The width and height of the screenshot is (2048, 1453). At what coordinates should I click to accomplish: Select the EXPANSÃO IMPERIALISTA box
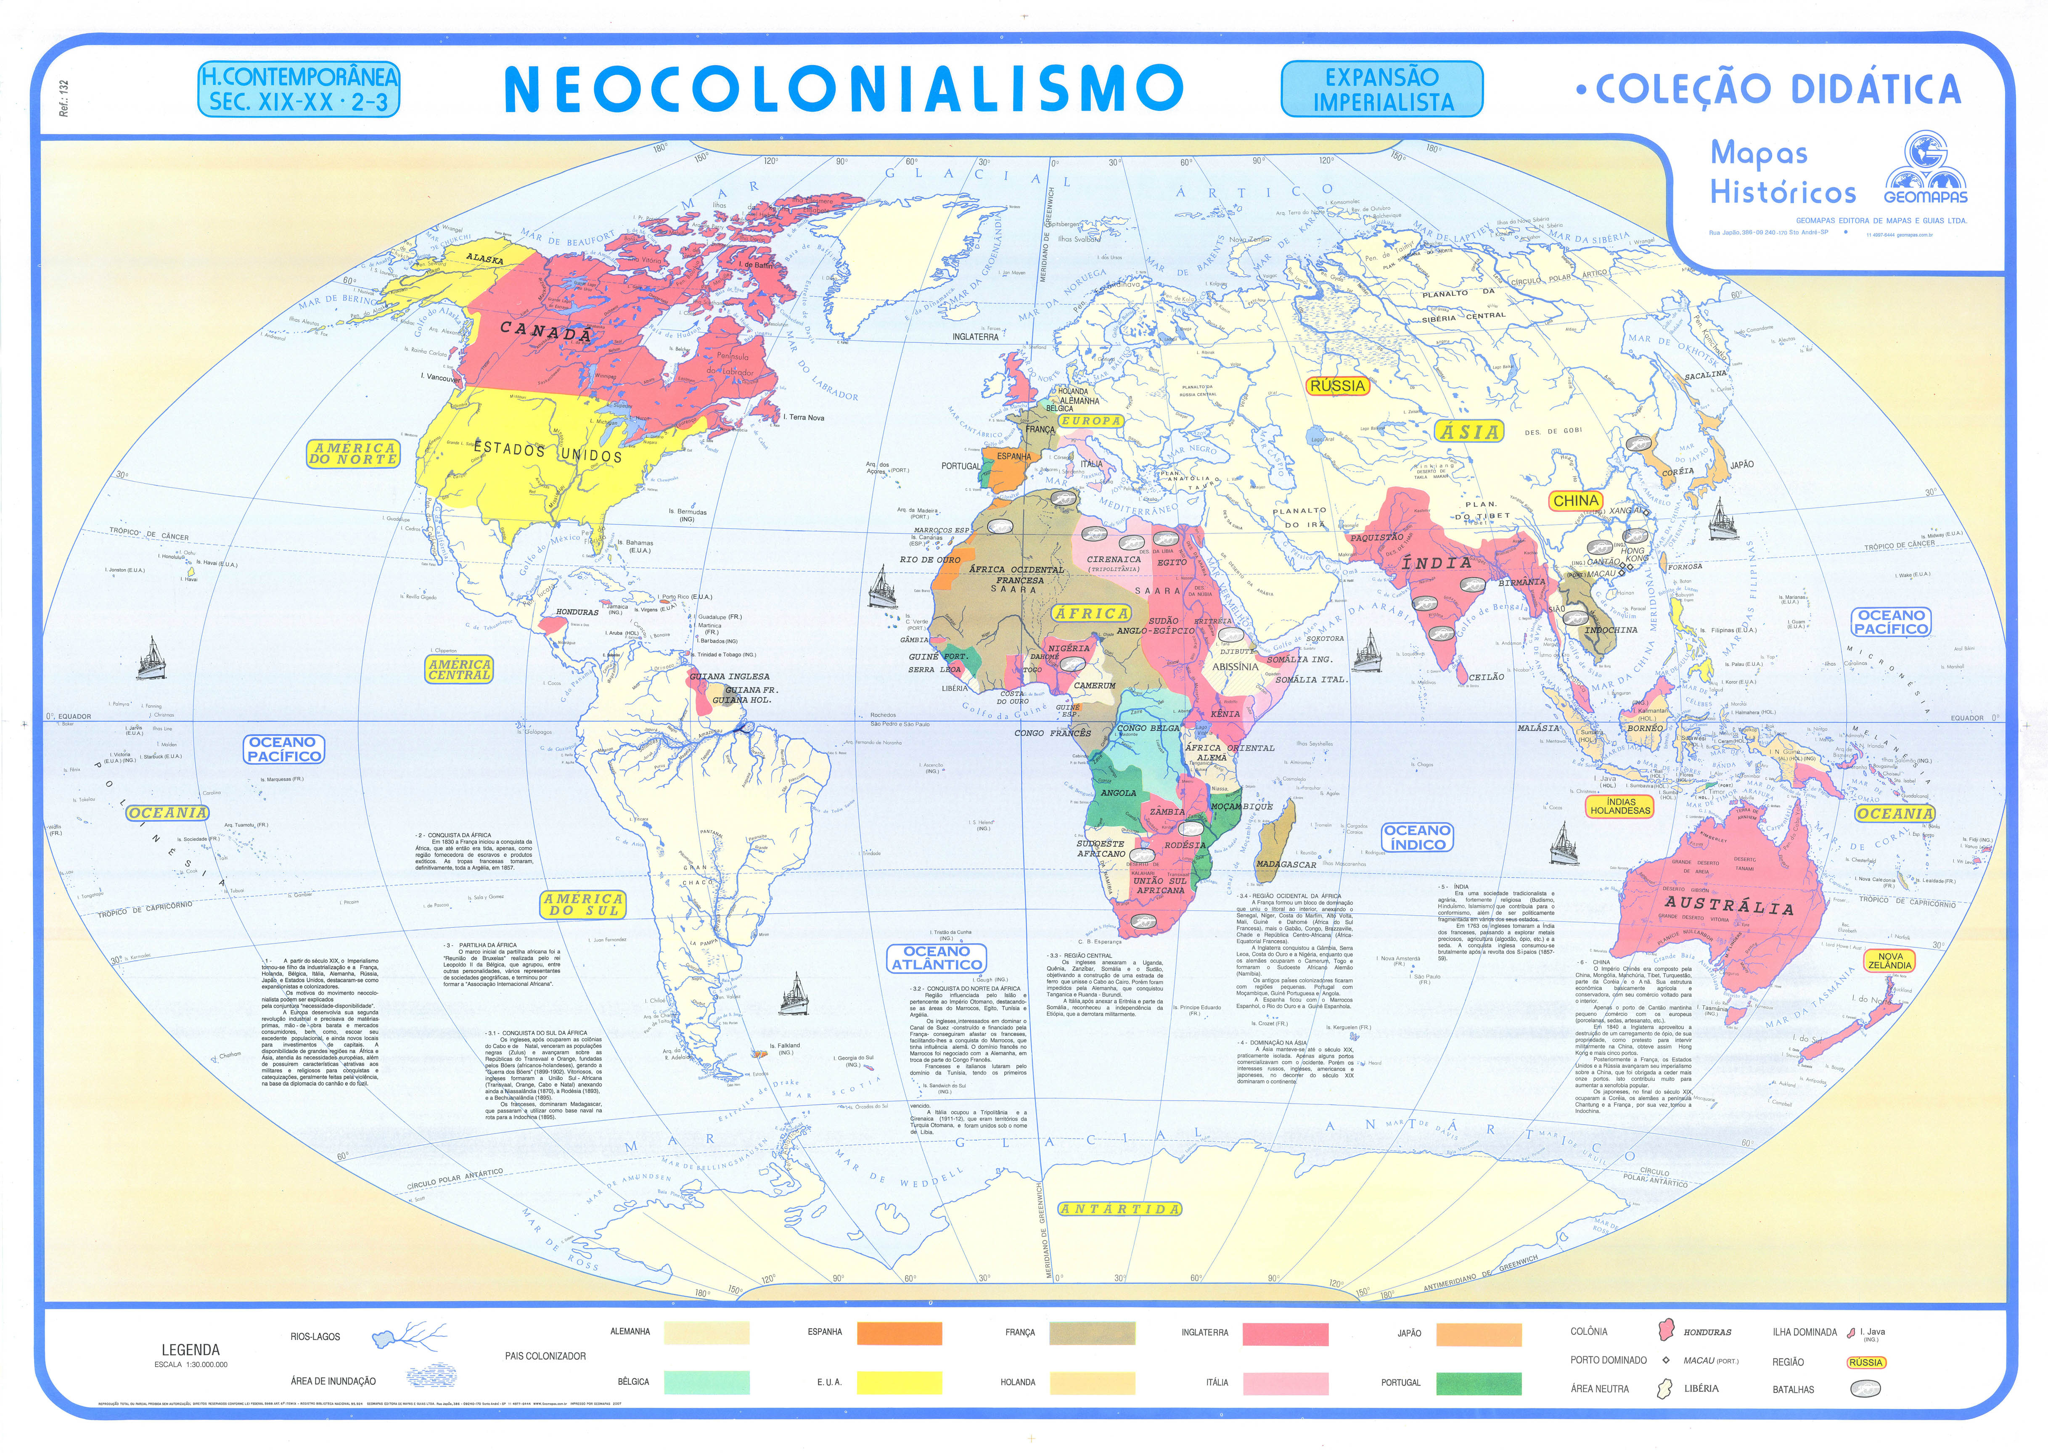point(1381,90)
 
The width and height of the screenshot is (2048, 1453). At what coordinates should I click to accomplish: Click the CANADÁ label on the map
point(546,332)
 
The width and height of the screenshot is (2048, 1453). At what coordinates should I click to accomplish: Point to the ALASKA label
point(485,259)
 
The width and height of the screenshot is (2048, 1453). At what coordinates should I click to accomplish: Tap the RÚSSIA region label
point(1338,386)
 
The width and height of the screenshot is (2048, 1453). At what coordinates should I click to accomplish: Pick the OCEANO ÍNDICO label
point(1417,837)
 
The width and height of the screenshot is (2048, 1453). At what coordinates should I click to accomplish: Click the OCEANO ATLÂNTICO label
point(937,958)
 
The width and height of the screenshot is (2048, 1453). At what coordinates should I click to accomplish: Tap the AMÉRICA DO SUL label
point(583,905)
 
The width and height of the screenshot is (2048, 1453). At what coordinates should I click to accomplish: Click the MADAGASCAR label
point(1286,864)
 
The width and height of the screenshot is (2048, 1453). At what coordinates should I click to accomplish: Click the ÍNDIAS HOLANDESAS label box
point(1620,806)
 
